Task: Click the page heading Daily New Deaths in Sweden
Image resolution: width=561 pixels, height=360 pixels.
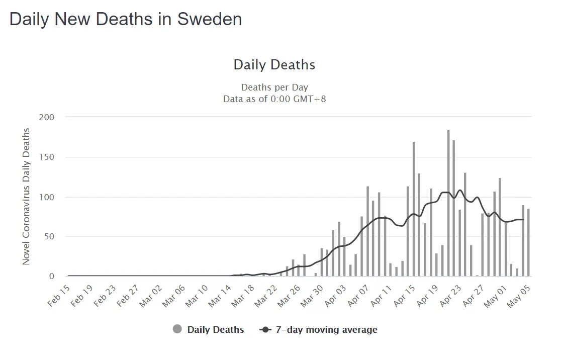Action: pyautogui.click(x=126, y=19)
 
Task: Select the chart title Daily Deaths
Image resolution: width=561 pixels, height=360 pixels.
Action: pyautogui.click(x=274, y=65)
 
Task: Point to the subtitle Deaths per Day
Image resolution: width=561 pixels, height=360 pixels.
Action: pyautogui.click(x=274, y=87)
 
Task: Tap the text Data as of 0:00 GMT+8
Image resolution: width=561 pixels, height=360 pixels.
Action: pyautogui.click(x=274, y=99)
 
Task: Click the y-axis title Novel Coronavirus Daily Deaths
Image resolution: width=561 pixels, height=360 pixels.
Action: pyautogui.click(x=26, y=197)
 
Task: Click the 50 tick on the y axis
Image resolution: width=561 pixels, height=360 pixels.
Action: pyautogui.click(x=49, y=236)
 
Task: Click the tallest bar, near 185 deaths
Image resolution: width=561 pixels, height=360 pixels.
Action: pyautogui.click(x=448, y=201)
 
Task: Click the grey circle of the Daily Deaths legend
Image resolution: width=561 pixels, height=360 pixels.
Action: pyautogui.click(x=177, y=329)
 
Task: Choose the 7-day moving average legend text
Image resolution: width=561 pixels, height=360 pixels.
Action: pyautogui.click(x=326, y=330)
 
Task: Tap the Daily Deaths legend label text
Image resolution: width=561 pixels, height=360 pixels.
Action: pyautogui.click(x=216, y=330)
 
